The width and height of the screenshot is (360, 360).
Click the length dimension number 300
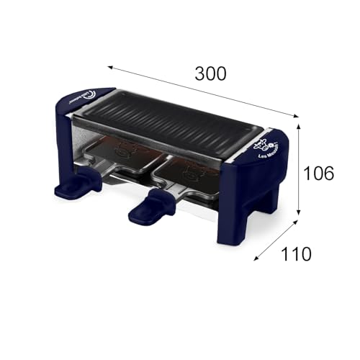pyautogui.click(x=211, y=73)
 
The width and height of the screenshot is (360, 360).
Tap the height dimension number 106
pyautogui.click(x=319, y=173)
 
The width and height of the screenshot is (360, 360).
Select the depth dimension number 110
pyautogui.click(x=296, y=253)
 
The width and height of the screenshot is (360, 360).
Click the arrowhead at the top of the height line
pyautogui.click(x=298, y=124)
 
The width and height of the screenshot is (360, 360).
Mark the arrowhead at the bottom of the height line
pyautogui.click(x=298, y=214)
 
